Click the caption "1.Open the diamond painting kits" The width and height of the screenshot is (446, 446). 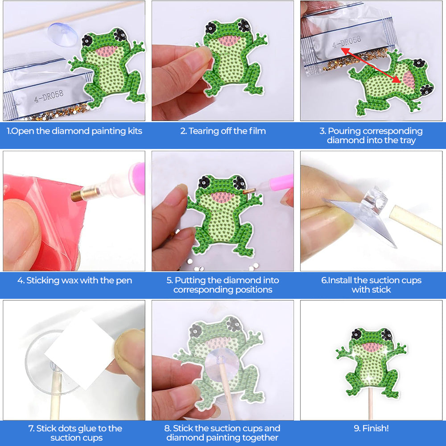coord(74,131)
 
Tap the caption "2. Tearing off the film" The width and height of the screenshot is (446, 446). coord(223,131)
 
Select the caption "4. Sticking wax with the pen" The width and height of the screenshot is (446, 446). coord(74,281)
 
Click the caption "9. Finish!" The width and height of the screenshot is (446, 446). coord(371,428)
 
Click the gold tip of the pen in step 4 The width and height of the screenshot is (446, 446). coord(79,195)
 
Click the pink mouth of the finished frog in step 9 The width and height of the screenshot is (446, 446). coord(371,347)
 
